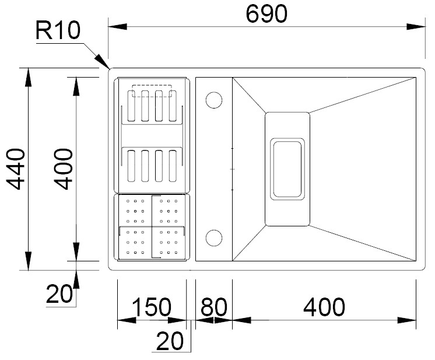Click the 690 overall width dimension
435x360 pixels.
pos(266,14)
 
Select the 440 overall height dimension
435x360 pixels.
pos(16,169)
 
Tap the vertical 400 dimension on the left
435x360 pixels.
pos(63,169)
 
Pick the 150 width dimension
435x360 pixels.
pos(152,307)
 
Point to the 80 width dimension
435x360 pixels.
pos(213,307)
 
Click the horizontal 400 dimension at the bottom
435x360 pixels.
pos(324,307)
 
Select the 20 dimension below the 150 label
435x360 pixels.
pos(170,341)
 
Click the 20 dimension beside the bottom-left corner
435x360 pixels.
pos(59,293)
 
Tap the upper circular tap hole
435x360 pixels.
pos(214,100)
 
